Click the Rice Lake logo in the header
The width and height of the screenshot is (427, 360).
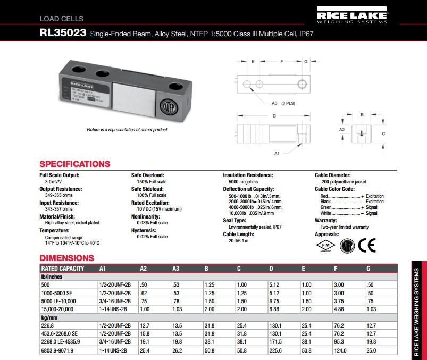click(x=351, y=15)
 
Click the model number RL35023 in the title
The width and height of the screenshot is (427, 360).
click(x=63, y=33)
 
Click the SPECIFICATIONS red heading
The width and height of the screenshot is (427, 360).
click(x=75, y=164)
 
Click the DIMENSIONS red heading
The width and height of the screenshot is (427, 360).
click(x=66, y=258)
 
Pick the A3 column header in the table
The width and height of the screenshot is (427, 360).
click(x=176, y=269)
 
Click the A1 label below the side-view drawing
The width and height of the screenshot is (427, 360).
click(x=277, y=153)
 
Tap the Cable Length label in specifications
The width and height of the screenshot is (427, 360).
click(x=238, y=235)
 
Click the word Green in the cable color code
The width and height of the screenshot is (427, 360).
click(x=326, y=207)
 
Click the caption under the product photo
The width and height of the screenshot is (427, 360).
click(x=127, y=130)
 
